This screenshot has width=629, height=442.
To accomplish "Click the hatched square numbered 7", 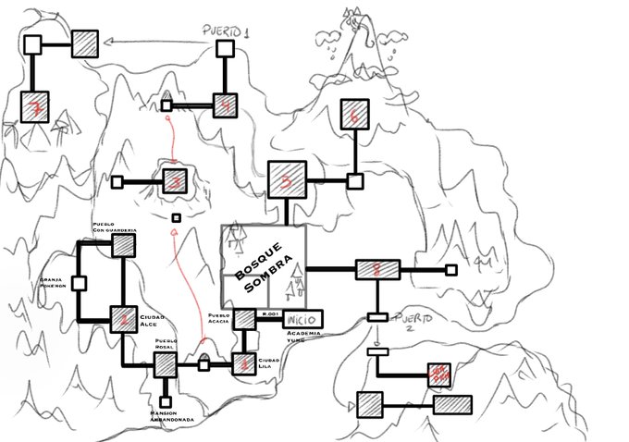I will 35,107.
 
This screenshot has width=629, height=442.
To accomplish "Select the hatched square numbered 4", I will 226,105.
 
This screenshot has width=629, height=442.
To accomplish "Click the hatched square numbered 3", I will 176,180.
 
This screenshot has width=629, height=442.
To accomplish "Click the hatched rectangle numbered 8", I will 377,269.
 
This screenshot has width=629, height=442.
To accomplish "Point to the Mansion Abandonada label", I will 167,419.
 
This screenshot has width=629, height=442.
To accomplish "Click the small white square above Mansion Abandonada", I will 167,400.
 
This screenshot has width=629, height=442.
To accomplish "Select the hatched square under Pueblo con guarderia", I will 124,244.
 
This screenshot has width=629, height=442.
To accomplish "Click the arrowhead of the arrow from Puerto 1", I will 109,41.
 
